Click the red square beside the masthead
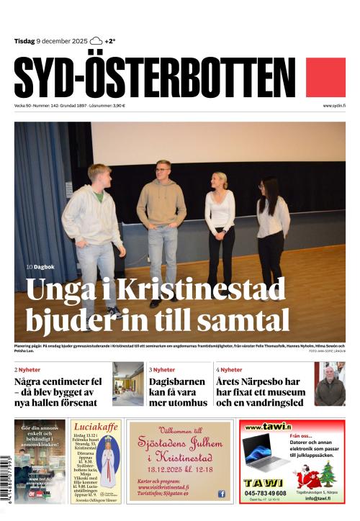coord(325,78)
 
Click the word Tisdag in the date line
coord(24,42)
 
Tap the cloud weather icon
coord(96,42)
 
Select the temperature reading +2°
coord(110,42)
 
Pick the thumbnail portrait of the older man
coord(330,384)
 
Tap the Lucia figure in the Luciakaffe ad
coord(107,463)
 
